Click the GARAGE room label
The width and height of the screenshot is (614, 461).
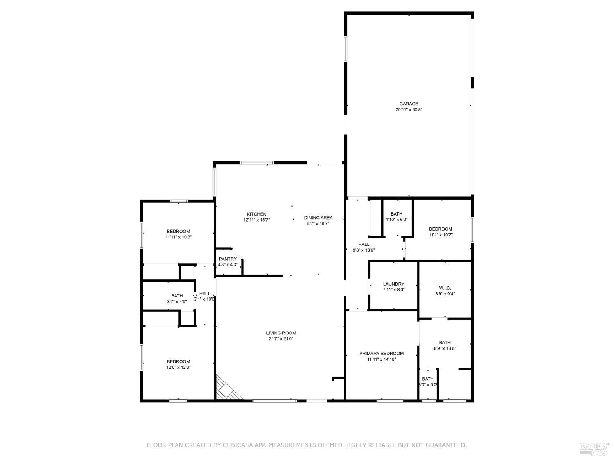point(409,104)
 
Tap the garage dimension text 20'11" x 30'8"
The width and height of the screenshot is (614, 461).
point(409,110)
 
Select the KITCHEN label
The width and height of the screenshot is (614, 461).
point(256,214)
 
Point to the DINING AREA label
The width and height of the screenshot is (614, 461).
point(318,218)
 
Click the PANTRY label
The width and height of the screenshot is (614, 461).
point(228,259)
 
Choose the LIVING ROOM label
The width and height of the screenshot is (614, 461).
point(281,333)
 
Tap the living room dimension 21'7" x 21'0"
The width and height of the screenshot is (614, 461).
point(281,339)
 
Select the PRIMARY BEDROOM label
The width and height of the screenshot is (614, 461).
point(381,354)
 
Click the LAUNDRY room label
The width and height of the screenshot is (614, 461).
point(393,284)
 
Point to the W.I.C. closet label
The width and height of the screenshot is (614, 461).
point(445,288)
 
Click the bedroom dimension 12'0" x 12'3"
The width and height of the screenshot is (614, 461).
point(178,367)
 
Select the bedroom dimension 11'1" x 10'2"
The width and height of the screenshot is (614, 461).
point(440,235)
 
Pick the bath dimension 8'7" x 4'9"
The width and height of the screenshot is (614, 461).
point(177,302)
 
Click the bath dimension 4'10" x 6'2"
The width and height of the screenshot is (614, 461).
point(396,220)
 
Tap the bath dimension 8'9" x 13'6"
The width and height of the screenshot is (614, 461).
point(445,348)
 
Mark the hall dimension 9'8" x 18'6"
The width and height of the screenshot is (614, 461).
point(363,250)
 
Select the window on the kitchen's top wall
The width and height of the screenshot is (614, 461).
point(257,163)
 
